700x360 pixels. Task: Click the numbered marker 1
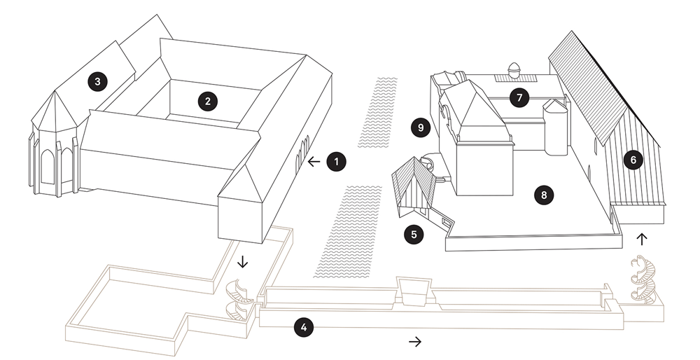pos(337,162)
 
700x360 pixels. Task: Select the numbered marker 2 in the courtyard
pos(208,102)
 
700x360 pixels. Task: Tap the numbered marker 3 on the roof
pos(98,82)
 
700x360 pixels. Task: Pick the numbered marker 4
pos(304,328)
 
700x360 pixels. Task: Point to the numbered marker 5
pos(414,235)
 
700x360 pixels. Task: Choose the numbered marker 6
pos(633,160)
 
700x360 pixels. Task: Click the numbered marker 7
pos(519,97)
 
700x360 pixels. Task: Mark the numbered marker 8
pos(543,195)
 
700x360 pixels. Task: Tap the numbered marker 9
pos(421,128)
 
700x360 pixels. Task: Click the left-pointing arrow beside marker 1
pos(314,162)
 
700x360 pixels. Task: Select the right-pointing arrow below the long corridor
pos(415,342)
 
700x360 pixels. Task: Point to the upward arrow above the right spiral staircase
pos(641,239)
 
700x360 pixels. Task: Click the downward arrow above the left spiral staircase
pos(242,261)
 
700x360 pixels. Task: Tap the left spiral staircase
pos(239,300)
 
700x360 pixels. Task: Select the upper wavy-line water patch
pos(379,112)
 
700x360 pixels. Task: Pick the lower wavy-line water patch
pos(348,231)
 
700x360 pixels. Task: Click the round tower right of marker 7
pos(555,127)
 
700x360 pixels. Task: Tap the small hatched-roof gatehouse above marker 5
pos(414,188)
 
